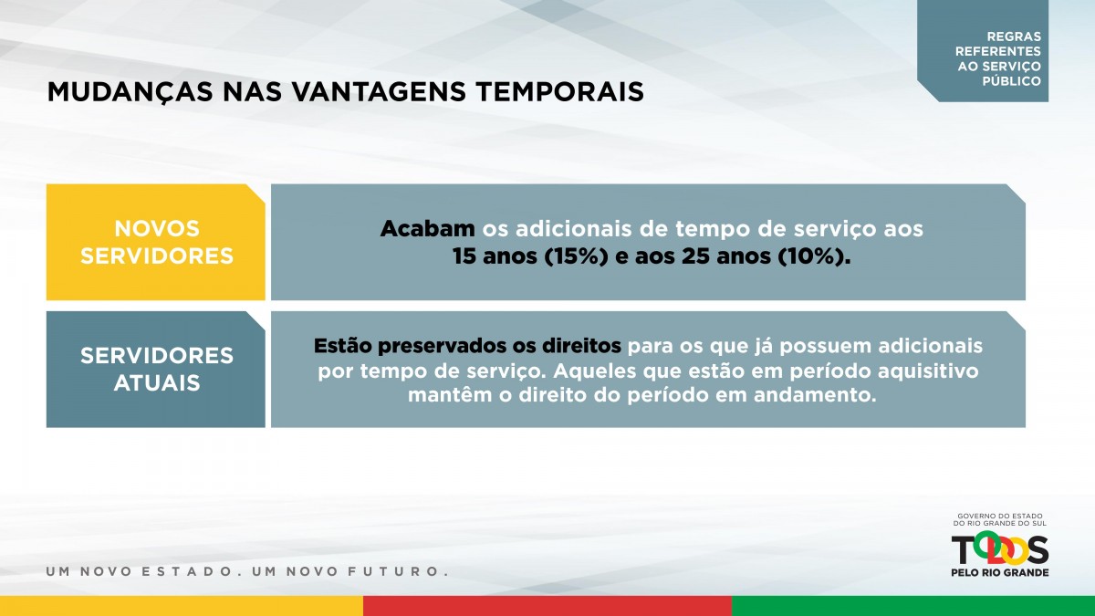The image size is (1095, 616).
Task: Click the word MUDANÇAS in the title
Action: click(130, 93)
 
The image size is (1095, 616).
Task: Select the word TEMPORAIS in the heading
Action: click(559, 92)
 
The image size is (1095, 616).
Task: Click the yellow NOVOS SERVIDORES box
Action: click(156, 242)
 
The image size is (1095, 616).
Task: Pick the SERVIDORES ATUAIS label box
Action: click(156, 369)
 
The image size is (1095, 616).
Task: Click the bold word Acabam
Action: click(428, 229)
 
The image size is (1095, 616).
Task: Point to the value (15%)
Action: click(577, 256)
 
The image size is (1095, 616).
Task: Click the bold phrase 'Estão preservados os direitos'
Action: click(467, 346)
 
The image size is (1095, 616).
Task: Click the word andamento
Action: click(814, 395)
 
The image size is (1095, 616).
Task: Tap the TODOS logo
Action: click(999, 549)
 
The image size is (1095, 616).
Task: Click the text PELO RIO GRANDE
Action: click(1000, 572)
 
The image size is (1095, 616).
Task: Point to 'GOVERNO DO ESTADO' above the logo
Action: click(1000, 516)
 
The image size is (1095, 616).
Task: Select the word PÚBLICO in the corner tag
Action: click(1011, 80)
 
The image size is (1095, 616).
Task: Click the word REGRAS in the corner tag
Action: click(1014, 37)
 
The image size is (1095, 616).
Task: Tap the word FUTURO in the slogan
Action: click(398, 571)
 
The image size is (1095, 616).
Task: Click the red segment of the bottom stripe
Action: click(547, 606)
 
